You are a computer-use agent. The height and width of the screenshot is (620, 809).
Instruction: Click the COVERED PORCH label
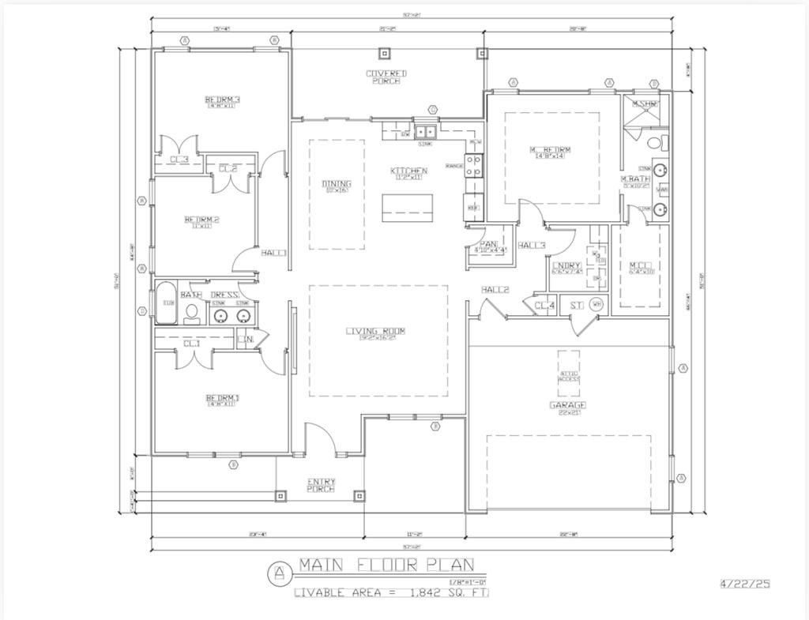tap(386, 77)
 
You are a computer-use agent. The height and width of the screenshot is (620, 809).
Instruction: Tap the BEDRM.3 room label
tap(222, 100)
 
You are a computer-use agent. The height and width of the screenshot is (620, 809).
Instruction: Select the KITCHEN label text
tap(408, 171)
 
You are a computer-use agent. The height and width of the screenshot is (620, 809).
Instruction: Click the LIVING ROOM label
tap(375, 332)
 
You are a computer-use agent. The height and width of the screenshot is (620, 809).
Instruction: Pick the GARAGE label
tap(567, 405)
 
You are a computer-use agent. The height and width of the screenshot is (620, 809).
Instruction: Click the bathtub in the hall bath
tap(166, 304)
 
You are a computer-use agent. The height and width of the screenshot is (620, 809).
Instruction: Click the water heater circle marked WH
tap(596, 305)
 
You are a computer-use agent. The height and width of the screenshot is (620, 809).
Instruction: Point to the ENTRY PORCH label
tap(321, 484)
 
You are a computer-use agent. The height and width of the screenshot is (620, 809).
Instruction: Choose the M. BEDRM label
tap(550, 150)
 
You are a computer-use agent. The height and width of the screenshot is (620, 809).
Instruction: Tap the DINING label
tap(337, 185)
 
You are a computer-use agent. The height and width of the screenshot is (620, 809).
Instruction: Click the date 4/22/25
tap(744, 584)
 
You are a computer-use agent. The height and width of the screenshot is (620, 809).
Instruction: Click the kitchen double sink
tap(426, 132)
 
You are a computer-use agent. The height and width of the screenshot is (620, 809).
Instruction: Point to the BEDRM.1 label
tap(222, 398)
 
